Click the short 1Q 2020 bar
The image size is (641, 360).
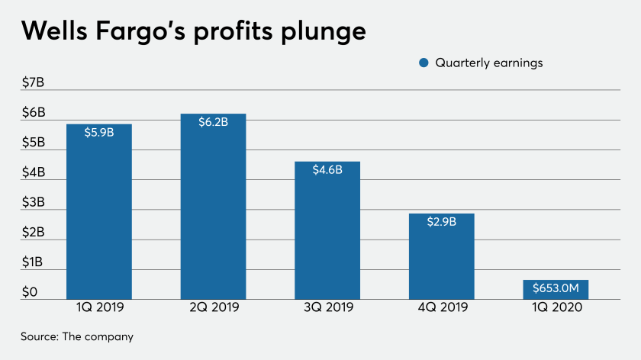pos(556,290)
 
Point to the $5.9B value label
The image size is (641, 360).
pos(99,132)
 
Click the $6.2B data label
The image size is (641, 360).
pos(213,122)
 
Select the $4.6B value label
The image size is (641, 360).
pos(327,170)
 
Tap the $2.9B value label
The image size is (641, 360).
pos(442,222)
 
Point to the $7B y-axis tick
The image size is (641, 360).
pos(34,82)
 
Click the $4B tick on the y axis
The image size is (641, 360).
pos(34,172)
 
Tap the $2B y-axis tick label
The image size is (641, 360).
pos(34,232)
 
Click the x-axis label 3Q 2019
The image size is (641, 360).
pos(327,309)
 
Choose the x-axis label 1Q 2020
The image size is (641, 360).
pos(556,309)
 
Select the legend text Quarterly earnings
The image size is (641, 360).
pos(488,63)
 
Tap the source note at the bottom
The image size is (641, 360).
pos(76,336)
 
